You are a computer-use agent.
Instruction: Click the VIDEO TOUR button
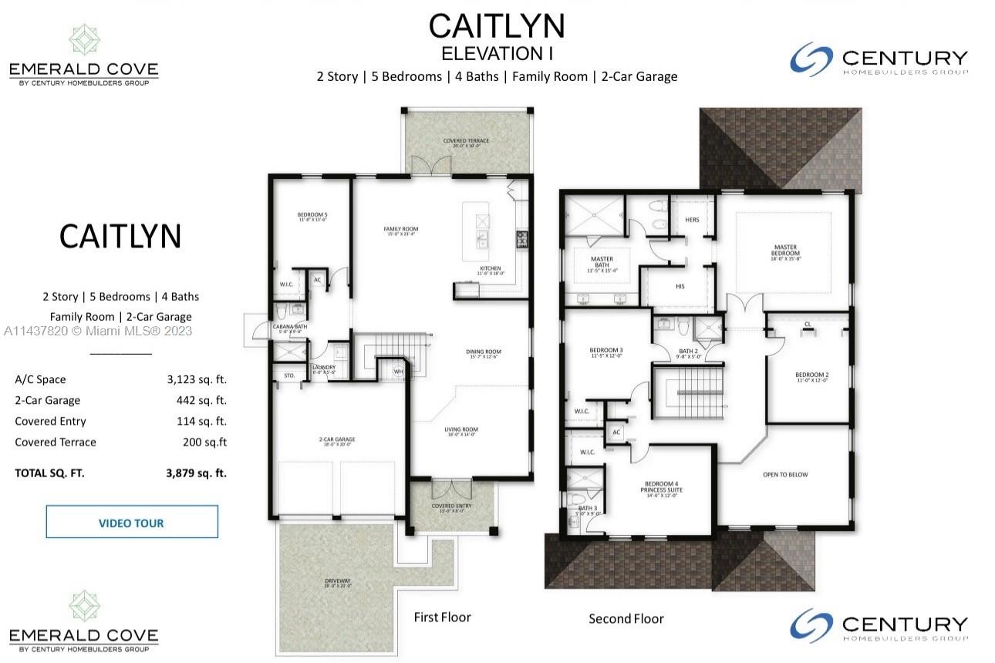(131, 523)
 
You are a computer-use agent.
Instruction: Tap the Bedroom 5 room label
(312, 217)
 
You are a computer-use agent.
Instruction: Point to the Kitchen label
(491, 270)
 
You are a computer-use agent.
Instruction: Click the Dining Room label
(484, 353)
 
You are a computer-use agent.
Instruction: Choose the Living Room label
(460, 431)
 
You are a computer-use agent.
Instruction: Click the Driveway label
(336, 582)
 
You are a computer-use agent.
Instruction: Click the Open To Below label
(785, 474)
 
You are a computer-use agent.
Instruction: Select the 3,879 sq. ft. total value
(196, 473)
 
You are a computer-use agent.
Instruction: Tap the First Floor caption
(442, 617)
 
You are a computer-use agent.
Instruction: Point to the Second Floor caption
(626, 618)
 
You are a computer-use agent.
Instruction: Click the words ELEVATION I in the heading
(497, 54)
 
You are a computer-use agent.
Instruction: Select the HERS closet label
(692, 220)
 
